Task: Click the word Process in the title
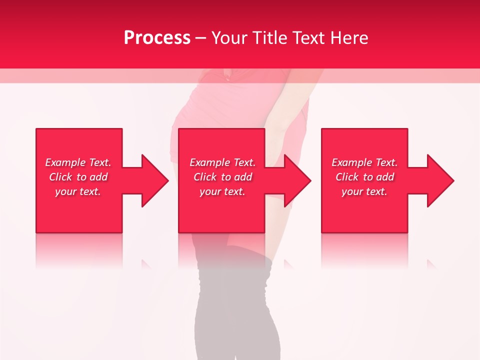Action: point(157,38)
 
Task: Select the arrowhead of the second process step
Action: point(297,180)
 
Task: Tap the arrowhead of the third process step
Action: point(439,180)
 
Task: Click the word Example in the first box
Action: point(65,162)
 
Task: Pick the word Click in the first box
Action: point(60,177)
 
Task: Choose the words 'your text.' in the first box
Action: point(78,191)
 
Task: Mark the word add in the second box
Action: point(243,177)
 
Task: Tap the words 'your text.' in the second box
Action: point(222,191)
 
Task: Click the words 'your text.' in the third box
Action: point(364,191)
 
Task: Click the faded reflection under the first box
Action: point(79,250)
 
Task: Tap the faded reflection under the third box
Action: point(364,250)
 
